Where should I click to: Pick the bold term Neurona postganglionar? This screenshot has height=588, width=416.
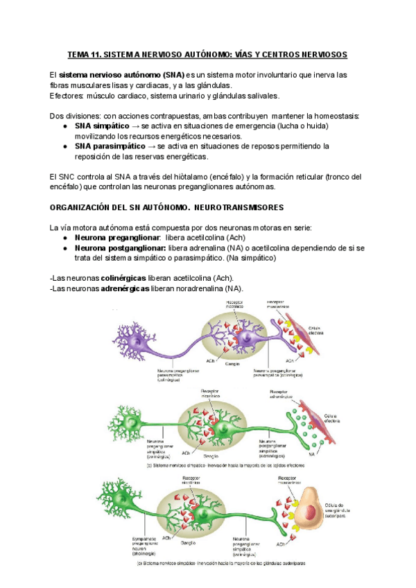pos(120,248)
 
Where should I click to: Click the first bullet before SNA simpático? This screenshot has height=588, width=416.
pos(64,127)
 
